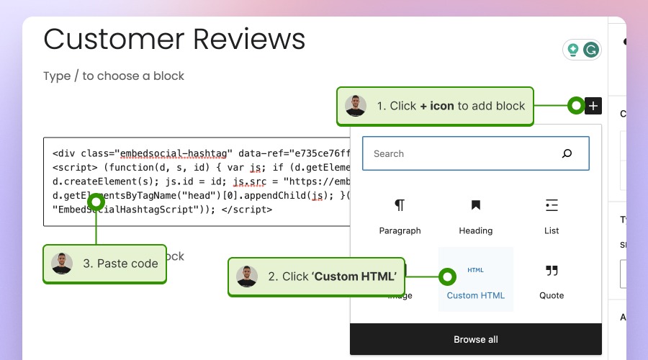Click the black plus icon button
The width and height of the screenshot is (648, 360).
593,106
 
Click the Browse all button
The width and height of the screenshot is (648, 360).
475,339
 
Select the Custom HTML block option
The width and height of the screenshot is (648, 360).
475,280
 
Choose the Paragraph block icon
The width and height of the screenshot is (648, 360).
400,206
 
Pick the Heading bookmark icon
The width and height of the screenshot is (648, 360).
475,206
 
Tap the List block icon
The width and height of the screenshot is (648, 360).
552,206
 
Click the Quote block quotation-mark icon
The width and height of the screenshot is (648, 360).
552,271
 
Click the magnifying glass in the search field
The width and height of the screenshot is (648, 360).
567,153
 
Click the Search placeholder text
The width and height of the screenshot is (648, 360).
389,153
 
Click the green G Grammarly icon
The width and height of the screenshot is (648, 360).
591,50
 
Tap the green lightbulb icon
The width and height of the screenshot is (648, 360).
573,50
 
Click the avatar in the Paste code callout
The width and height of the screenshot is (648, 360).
62,264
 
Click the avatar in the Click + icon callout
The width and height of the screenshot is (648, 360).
356,106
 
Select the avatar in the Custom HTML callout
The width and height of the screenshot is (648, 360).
247,276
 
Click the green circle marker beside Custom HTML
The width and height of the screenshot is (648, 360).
447,276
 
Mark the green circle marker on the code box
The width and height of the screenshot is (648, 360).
96,202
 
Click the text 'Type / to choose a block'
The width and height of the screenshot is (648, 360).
114,76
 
